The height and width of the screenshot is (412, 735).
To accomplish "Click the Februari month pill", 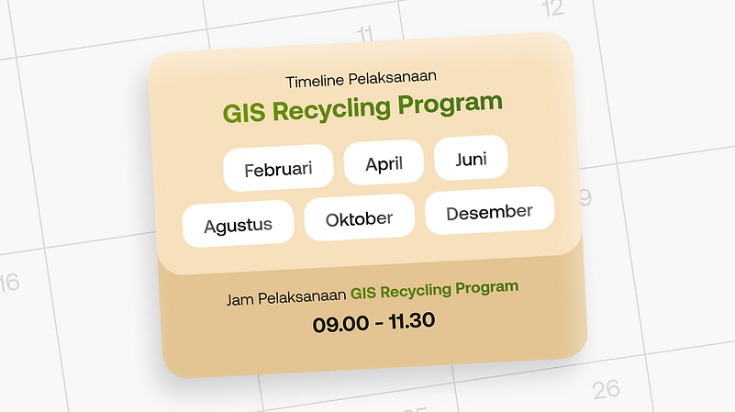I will pyautogui.click(x=278, y=169).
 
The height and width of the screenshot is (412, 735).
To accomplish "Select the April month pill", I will pyautogui.click(x=384, y=163).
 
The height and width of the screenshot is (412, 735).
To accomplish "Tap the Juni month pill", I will pyautogui.click(x=471, y=159).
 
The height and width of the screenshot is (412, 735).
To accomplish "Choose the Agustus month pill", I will pyautogui.click(x=238, y=225).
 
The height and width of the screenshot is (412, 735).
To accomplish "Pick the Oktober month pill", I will pyautogui.click(x=360, y=218).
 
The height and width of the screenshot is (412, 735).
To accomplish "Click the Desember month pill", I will pyautogui.click(x=489, y=212).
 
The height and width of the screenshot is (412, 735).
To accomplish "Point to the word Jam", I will pyautogui.click(x=239, y=300).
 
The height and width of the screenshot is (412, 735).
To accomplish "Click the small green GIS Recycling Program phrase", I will pyautogui.click(x=434, y=290).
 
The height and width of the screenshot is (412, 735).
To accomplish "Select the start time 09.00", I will pyautogui.click(x=337, y=324).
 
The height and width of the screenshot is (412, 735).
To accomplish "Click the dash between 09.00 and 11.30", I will pyautogui.click(x=373, y=323).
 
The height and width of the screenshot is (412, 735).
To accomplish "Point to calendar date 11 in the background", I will pyautogui.click(x=365, y=35).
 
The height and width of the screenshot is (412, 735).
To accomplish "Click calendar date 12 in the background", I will pyautogui.click(x=552, y=9).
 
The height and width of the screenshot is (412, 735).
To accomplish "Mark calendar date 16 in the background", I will pyautogui.click(x=8, y=282).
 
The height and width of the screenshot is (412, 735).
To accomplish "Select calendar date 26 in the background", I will pyautogui.click(x=606, y=389).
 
